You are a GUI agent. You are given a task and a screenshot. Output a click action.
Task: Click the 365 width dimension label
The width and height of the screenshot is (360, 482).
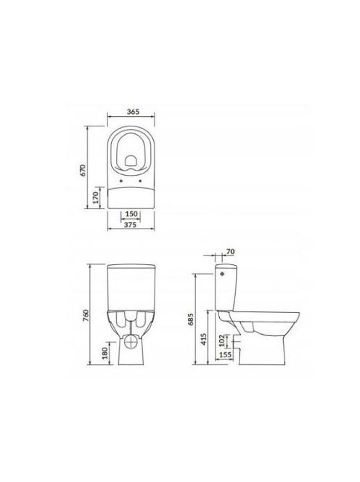(133, 112)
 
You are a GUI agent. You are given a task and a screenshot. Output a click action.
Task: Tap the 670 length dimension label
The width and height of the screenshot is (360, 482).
(83, 171)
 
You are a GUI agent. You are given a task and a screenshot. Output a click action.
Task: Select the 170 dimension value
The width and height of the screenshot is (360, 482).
(96, 197)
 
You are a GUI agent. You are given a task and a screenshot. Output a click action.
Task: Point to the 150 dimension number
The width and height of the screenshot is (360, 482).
(131, 214)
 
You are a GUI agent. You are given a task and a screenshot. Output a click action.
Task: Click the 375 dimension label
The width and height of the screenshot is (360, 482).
(130, 225)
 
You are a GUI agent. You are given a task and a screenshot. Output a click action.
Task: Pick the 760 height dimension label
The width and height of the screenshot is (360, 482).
(86, 315)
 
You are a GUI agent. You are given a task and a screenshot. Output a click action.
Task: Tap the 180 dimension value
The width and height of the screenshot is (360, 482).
(105, 353)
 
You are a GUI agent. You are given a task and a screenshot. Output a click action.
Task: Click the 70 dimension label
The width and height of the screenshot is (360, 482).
(230, 251)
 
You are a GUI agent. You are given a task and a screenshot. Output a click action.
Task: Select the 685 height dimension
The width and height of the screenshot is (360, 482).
(191, 319)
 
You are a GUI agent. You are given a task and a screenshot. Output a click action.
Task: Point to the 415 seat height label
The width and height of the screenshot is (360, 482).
(203, 339)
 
